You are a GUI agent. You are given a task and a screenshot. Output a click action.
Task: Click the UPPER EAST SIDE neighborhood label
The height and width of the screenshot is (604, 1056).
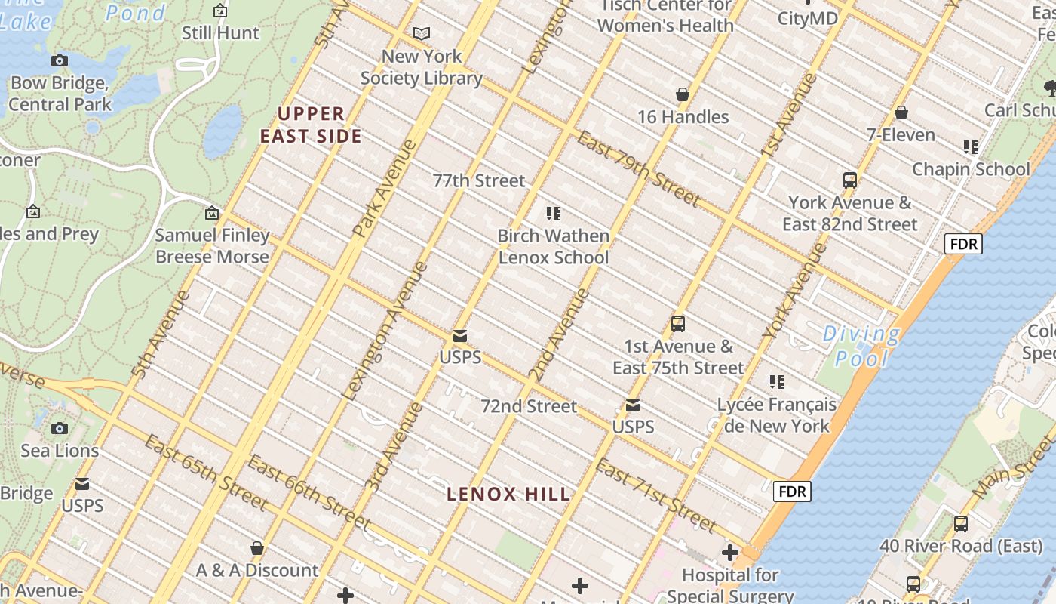coord(312,125)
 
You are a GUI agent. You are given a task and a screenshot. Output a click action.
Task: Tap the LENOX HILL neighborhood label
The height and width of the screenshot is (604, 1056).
coord(508,495)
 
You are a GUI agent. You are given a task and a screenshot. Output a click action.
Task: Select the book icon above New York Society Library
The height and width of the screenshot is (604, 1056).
coord(422,34)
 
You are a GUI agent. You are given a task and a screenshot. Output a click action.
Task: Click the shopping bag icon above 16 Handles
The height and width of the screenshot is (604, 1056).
coord(683,94)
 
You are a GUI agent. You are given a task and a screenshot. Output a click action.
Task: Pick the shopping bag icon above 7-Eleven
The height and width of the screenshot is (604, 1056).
coord(901,112)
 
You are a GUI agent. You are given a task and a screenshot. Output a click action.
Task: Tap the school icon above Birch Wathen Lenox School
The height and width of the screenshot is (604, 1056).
coord(554,214)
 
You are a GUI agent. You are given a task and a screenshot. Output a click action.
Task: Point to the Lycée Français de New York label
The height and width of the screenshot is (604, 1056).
coord(777,415)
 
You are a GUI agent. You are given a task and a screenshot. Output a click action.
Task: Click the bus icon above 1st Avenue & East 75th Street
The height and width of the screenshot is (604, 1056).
coord(678,324)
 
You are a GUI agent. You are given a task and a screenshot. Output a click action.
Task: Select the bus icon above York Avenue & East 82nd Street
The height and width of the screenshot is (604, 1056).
coord(850,180)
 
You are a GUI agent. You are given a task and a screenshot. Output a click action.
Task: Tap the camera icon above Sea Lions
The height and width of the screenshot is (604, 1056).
coord(60,428)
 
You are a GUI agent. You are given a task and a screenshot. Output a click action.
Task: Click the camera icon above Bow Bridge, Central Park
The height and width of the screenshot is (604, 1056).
coord(60,60)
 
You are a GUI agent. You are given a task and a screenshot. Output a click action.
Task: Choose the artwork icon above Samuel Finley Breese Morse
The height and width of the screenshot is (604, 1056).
coord(212,213)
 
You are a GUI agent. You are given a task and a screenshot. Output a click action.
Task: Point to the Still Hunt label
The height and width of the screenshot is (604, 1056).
coord(220,33)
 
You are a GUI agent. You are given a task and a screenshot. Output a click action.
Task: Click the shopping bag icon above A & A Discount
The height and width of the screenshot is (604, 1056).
coord(257,547)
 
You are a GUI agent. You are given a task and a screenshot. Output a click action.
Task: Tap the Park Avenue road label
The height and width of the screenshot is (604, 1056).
coord(384,188)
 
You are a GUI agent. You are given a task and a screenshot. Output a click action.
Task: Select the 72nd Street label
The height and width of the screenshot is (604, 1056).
coord(529,406)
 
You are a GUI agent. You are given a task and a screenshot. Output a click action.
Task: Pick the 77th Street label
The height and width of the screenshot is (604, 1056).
coord(479,180)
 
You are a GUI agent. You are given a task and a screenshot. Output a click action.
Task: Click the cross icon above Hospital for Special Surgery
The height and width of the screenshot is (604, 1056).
coord(730,553)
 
